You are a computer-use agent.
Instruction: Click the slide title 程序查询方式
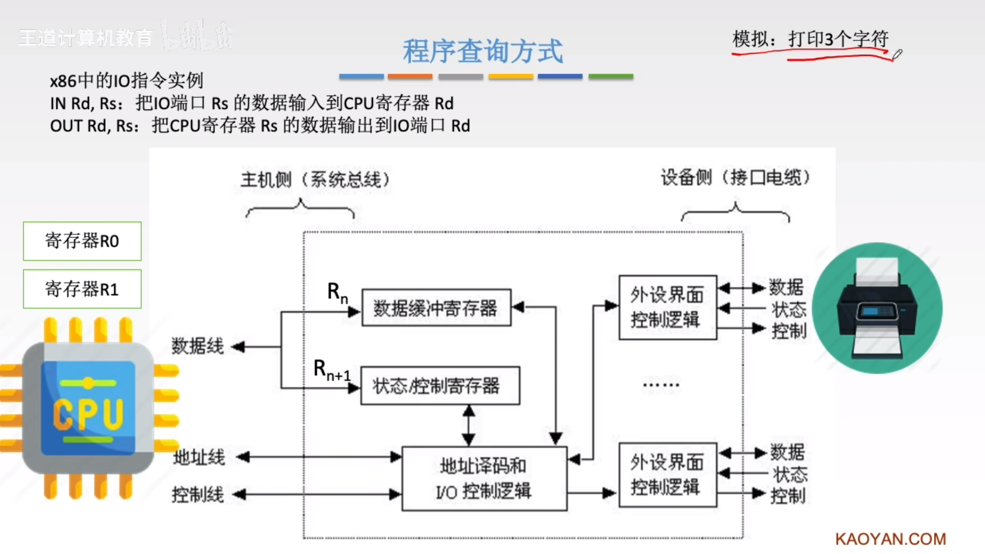pyautogui.click(x=483, y=51)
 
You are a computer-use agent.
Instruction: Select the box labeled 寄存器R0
pyautogui.click(x=82, y=241)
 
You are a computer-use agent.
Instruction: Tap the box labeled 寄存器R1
pyautogui.click(x=82, y=289)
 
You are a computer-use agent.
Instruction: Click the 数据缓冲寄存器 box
pyautogui.click(x=436, y=308)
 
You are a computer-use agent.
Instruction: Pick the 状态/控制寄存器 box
pyautogui.click(x=440, y=385)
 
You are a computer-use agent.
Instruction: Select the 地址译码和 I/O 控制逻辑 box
pyautogui.click(x=484, y=479)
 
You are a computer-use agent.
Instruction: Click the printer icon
pyautogui.click(x=877, y=308)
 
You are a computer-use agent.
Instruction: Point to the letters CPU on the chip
pyautogui.click(x=88, y=414)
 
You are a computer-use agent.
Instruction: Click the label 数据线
pyautogui.click(x=197, y=346)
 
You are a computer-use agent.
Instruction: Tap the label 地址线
pyautogui.click(x=199, y=457)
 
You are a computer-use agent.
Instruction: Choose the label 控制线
pyautogui.click(x=197, y=494)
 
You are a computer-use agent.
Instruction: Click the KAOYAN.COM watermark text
pyautogui.click(x=890, y=539)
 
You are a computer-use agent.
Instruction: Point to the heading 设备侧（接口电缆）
pyautogui.click(x=735, y=178)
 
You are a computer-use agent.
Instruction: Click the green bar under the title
pyautogui.click(x=611, y=77)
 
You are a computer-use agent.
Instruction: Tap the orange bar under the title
pyautogui.click(x=410, y=77)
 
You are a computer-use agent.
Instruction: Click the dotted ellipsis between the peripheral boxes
pyautogui.click(x=661, y=384)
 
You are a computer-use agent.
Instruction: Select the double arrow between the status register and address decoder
pyautogui.click(x=468, y=426)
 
